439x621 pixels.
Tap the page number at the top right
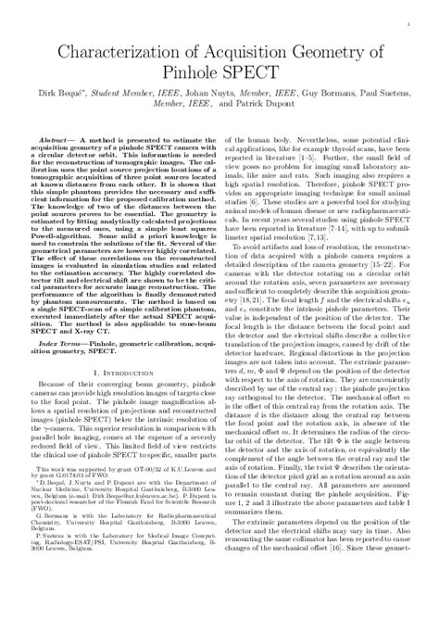[x=408, y=18]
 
